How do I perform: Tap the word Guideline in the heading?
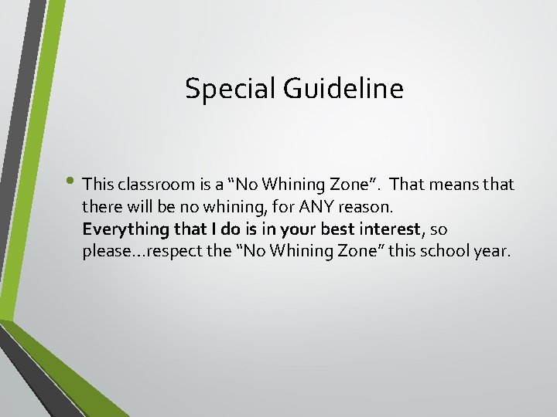click(x=343, y=89)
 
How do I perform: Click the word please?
click(x=104, y=252)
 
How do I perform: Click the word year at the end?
click(x=493, y=252)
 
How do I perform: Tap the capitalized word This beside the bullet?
click(x=97, y=185)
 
